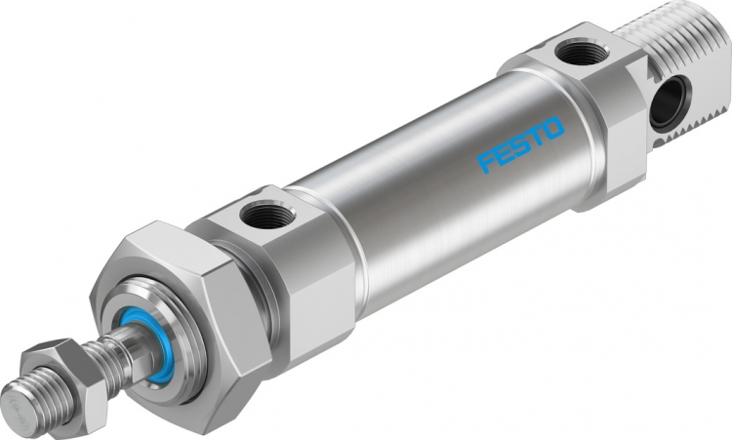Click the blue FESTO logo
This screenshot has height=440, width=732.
pyautogui.click(x=520, y=144)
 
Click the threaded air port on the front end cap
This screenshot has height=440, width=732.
pyautogui.click(x=267, y=214)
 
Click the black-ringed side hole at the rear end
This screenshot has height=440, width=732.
pyautogui.click(x=667, y=102)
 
